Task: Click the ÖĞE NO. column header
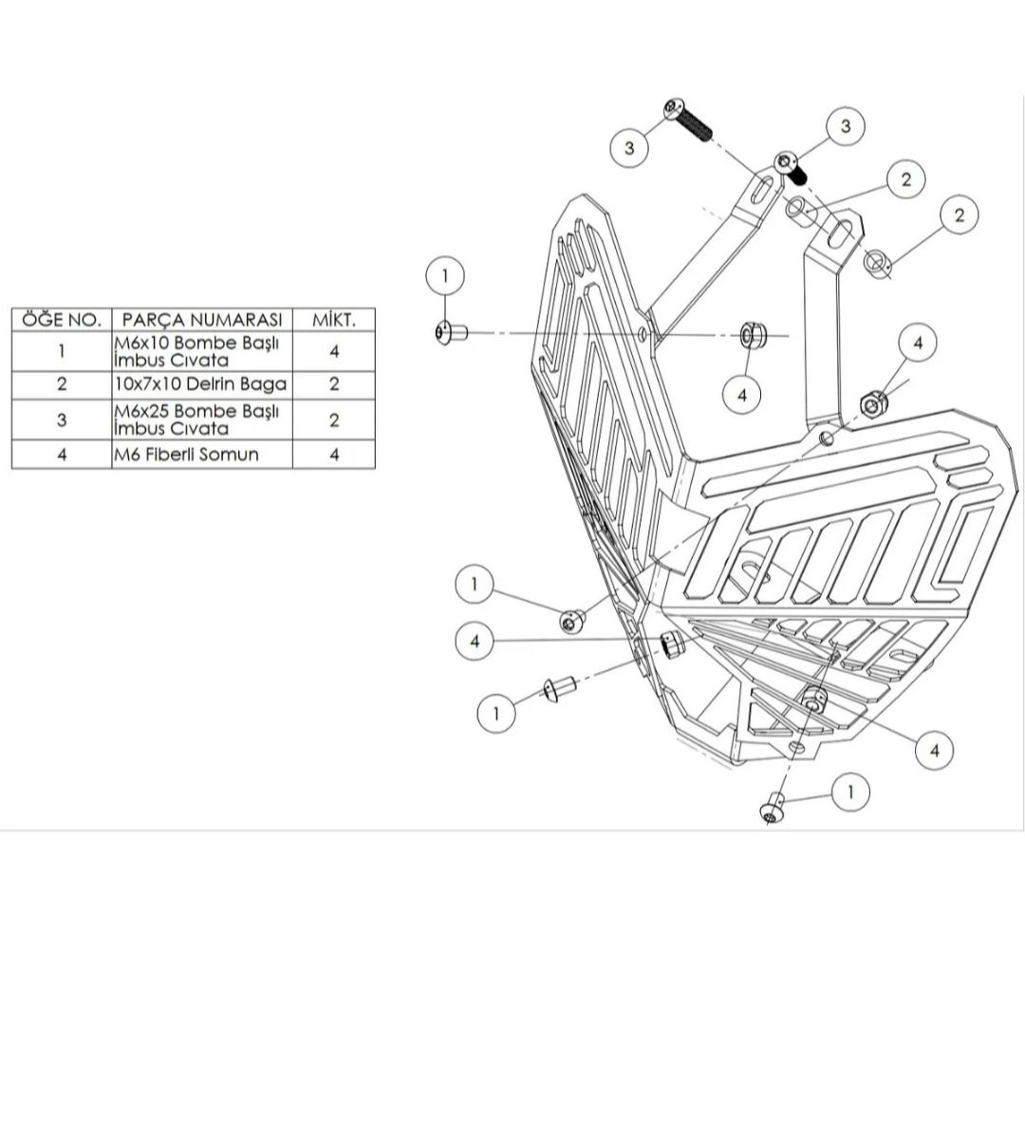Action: click(x=61, y=320)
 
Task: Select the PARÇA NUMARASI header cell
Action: click(x=202, y=320)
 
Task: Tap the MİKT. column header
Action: click(x=333, y=320)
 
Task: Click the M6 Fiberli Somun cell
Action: click(x=202, y=455)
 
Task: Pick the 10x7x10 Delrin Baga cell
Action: click(x=202, y=384)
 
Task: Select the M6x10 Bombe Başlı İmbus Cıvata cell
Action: click(x=202, y=351)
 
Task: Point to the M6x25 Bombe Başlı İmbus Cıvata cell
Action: click(x=202, y=420)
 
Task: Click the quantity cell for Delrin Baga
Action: click(x=334, y=384)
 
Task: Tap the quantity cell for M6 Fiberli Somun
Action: click(x=334, y=455)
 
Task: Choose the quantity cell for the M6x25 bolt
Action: click(x=334, y=420)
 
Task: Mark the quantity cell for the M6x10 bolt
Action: click(x=334, y=351)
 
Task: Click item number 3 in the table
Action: click(x=61, y=420)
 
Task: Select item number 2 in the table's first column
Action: click(x=61, y=384)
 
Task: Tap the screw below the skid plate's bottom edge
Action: click(x=773, y=808)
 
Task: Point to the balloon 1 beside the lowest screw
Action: click(x=850, y=792)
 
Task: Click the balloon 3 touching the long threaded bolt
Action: click(x=629, y=148)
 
